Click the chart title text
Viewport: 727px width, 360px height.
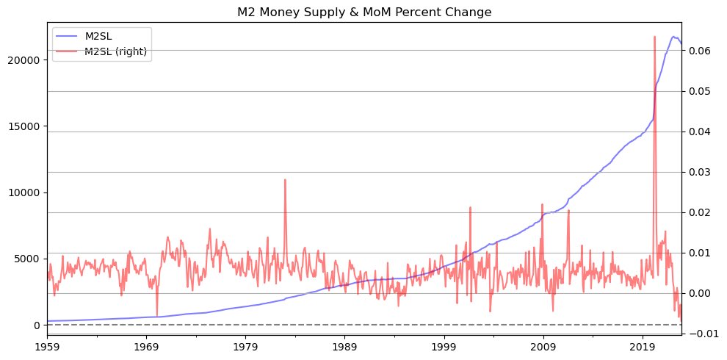[x=364, y=12]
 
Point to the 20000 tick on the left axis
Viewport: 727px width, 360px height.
[x=26, y=60]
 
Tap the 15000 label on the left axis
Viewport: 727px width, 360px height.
[x=26, y=126]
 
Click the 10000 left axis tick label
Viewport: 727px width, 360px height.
[x=26, y=192]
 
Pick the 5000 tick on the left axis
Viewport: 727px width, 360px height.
[x=29, y=259]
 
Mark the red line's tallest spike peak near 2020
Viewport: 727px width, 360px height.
[x=654, y=36]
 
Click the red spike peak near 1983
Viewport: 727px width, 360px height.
[x=285, y=179]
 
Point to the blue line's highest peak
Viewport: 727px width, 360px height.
[x=673, y=36]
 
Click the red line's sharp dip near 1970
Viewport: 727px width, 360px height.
[x=156, y=316]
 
